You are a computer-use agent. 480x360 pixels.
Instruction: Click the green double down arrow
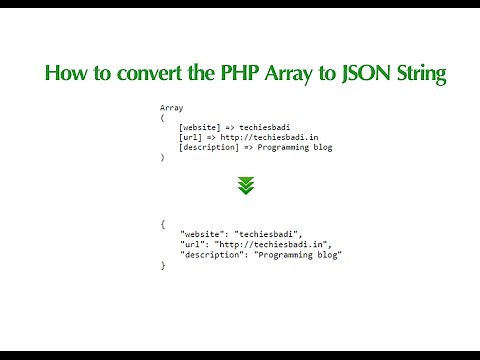(246, 185)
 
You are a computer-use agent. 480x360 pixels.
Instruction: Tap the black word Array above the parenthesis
(171, 107)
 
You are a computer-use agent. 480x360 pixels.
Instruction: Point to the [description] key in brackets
(212, 148)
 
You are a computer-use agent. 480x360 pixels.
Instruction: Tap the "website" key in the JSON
(203, 235)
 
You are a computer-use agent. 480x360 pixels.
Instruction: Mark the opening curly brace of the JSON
(162, 224)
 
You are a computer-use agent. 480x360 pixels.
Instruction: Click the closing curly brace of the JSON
(162, 266)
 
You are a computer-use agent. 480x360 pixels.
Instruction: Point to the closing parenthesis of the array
(162, 158)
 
